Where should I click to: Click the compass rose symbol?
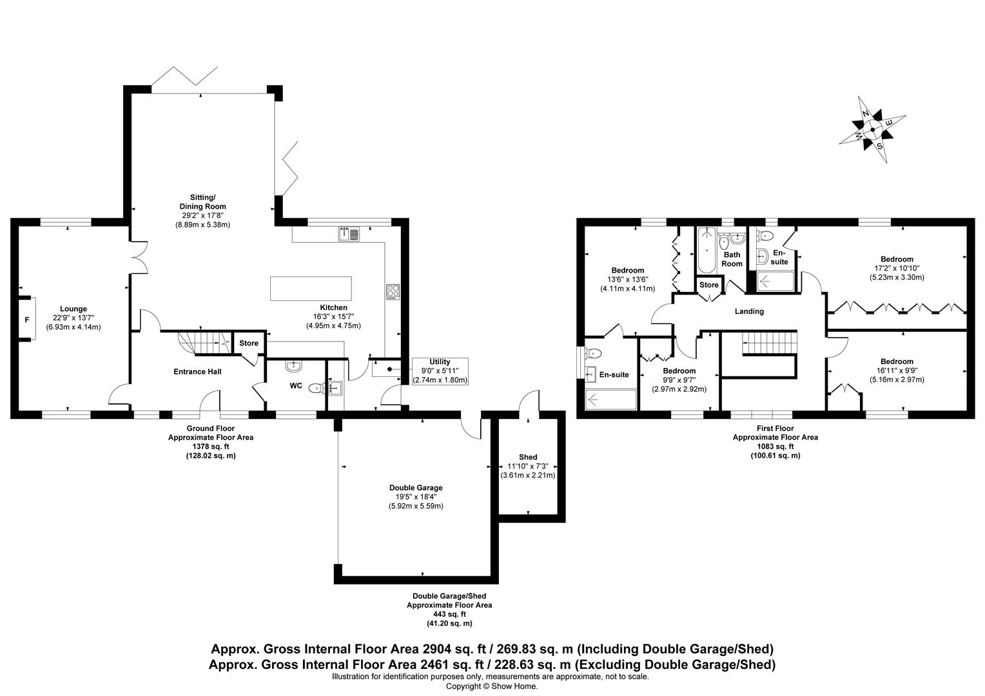pyautogui.click(x=872, y=130)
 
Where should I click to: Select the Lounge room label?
pyautogui.click(x=73, y=309)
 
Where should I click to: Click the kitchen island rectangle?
pyautogui.click(x=311, y=288)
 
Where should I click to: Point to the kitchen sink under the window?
pyautogui.click(x=349, y=234)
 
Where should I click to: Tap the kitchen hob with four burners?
pyautogui.click(x=393, y=292)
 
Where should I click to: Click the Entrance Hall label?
pyautogui.click(x=197, y=372)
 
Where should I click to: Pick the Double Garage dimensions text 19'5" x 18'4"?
pyautogui.click(x=416, y=497)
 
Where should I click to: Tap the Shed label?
pyautogui.click(x=527, y=457)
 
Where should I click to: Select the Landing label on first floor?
pyautogui.click(x=749, y=311)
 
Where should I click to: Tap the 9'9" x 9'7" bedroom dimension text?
pyautogui.click(x=679, y=380)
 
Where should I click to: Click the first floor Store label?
pyautogui.click(x=708, y=285)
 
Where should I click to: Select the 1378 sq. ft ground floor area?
pyautogui.click(x=210, y=446)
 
